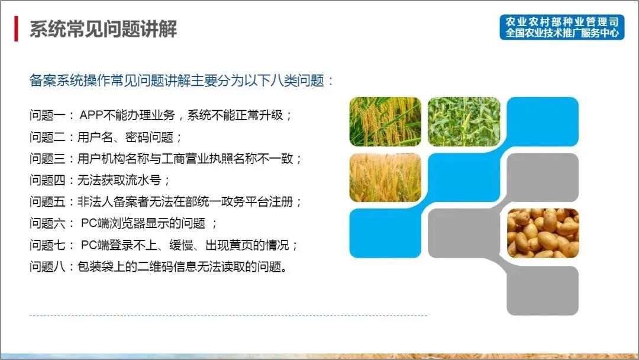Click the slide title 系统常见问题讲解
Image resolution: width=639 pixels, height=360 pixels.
point(104,29)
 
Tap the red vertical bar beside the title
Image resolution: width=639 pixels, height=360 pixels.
point(17,29)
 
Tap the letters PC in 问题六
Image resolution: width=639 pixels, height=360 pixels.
point(88,223)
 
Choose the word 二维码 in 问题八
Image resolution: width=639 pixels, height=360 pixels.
point(184,266)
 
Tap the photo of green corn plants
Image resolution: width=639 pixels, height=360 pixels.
point(463,121)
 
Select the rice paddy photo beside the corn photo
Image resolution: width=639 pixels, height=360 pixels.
point(385,121)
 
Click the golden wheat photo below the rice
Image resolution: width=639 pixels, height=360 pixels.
point(385,178)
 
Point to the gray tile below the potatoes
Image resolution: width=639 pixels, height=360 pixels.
point(543,290)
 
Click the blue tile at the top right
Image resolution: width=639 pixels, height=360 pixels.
point(543,121)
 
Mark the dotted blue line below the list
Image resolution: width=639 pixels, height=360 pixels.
point(228,316)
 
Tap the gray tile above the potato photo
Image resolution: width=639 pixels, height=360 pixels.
point(543,178)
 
